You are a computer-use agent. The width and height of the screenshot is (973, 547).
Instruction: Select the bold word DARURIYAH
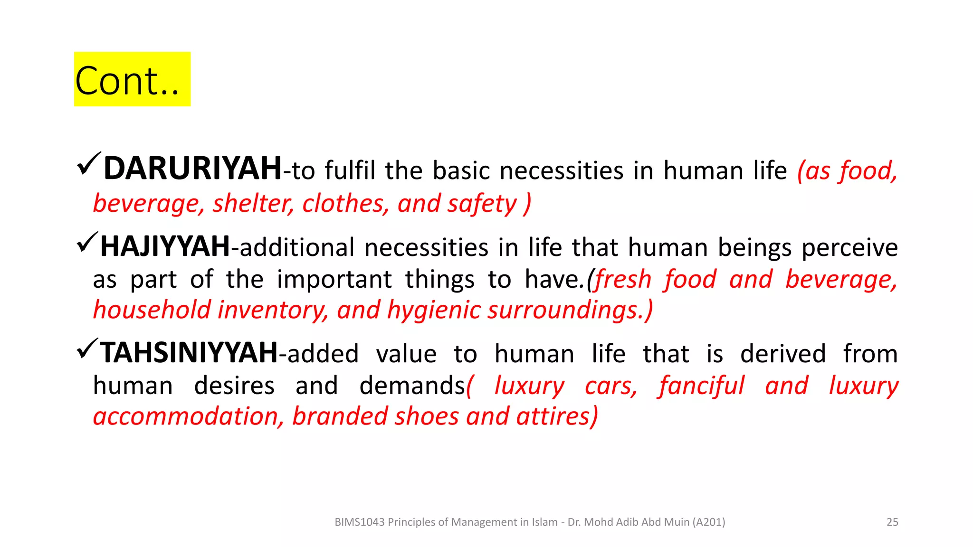tap(192, 169)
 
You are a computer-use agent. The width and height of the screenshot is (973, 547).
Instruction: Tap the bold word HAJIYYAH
tap(165, 247)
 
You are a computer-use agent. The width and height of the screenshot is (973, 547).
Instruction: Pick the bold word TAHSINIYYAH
tap(189, 353)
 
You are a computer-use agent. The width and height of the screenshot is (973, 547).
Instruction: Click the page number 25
tap(892, 522)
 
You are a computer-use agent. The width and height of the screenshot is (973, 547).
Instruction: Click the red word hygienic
tap(434, 310)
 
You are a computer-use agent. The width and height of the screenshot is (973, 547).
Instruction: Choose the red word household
tap(152, 310)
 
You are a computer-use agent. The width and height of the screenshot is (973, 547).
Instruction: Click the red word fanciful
tap(701, 385)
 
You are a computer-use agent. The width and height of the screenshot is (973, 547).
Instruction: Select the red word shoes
tap(427, 416)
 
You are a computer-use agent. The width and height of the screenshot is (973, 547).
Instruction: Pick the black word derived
tap(783, 354)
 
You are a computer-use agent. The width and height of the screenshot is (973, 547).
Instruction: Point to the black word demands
tap(411, 385)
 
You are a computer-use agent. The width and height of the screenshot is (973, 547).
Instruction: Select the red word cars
tap(610, 386)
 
